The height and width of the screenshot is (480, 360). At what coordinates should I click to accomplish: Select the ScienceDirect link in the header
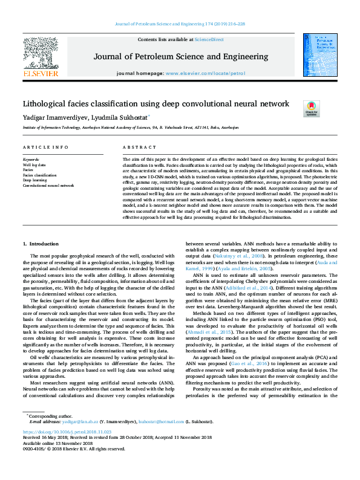point(210,39)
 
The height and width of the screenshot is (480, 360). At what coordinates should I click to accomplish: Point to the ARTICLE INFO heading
point(45,148)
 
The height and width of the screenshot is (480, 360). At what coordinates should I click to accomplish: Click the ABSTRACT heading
point(140,148)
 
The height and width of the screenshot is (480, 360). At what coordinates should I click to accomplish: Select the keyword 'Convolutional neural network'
point(48,186)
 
